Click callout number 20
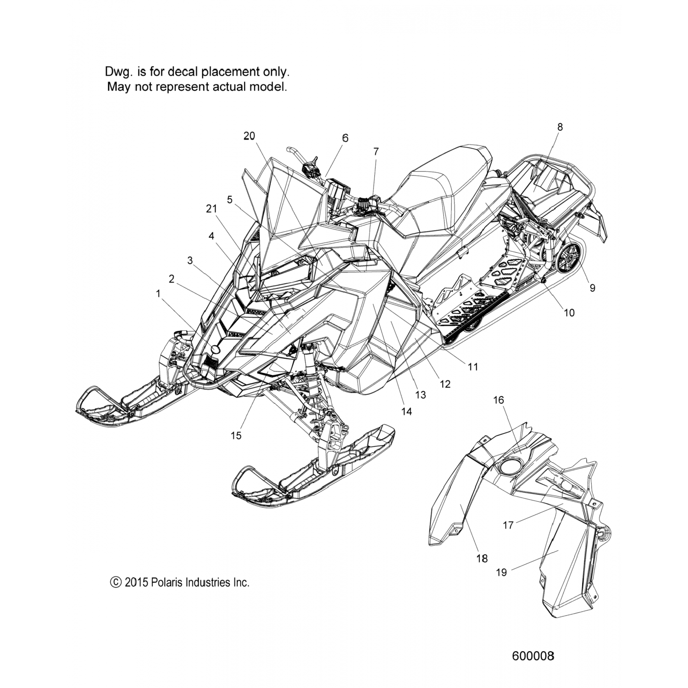coord(250,136)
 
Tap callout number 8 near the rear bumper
coord(560,127)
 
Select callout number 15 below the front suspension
coord(236,435)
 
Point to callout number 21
coord(211,209)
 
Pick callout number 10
coord(569,313)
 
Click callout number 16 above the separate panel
coord(498,400)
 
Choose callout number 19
coord(501,572)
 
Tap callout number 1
coord(158,294)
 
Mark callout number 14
coord(406,411)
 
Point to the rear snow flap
coord(601,223)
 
